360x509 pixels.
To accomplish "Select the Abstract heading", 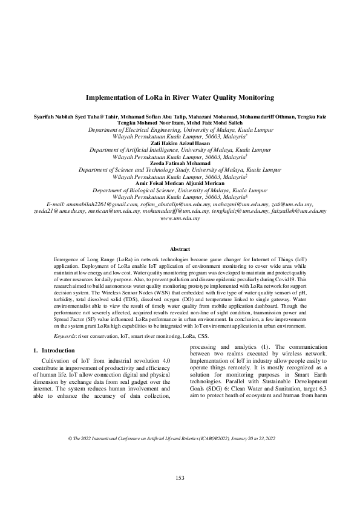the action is (x=180, y=249).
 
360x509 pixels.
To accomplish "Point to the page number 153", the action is (x=180, y=478).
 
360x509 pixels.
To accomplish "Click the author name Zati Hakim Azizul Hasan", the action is (x=180, y=143).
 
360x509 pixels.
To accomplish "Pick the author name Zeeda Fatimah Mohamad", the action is (x=180, y=163).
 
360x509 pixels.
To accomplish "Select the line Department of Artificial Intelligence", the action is (x=180, y=149).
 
